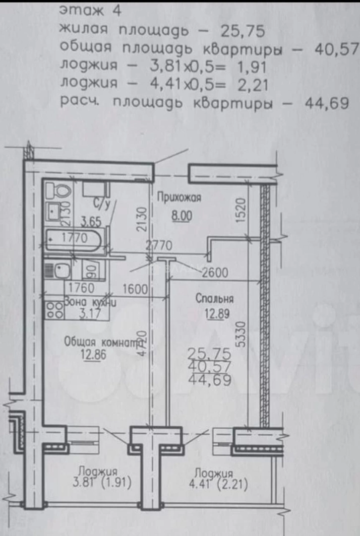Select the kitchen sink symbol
(62, 271)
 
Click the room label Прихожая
(179, 198)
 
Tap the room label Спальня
(214, 299)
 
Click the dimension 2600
(215, 272)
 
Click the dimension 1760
(81, 288)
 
